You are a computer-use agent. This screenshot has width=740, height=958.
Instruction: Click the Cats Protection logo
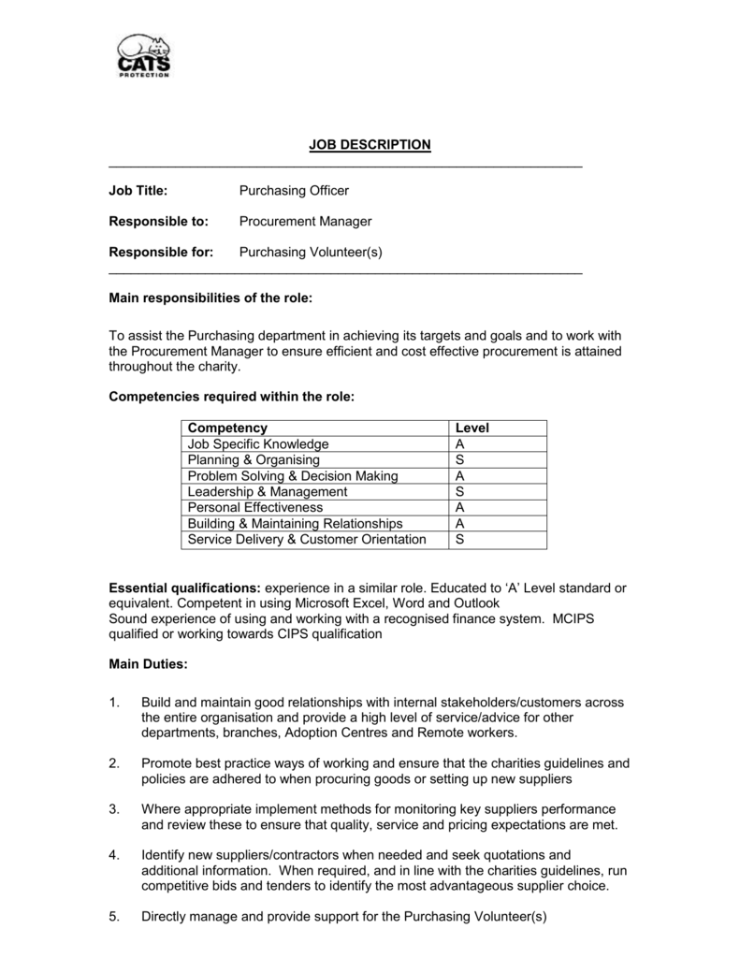coord(143,56)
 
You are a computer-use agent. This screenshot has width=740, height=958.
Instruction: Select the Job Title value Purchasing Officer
coord(294,191)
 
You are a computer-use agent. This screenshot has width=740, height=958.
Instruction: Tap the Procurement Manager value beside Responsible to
coord(305,222)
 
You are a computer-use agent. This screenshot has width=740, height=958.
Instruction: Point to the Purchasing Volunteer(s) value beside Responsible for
coord(311,253)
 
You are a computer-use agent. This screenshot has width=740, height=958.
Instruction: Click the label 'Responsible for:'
coord(161,253)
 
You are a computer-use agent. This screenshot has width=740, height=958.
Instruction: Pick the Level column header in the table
coord(472,428)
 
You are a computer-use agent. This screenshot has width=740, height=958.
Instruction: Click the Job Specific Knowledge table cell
coord(258,444)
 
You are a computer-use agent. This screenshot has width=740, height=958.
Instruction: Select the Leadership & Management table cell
coord(268,492)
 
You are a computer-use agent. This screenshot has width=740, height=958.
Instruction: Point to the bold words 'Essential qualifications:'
coord(185,588)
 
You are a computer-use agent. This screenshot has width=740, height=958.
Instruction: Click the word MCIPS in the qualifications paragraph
coord(584,619)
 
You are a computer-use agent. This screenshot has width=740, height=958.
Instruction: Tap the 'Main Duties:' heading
coord(149,664)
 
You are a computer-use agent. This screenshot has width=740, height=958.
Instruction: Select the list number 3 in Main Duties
coord(114,808)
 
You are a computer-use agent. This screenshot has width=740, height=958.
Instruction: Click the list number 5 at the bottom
coord(114,917)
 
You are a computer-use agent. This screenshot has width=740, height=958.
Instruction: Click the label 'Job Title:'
coord(138,191)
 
